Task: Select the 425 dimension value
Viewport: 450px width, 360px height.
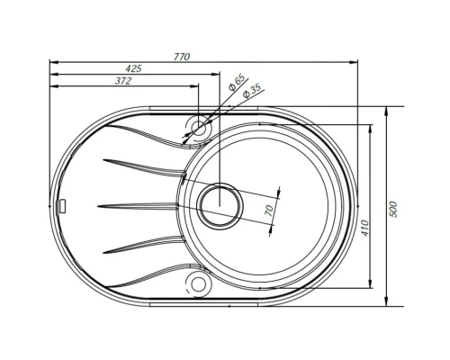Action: [133, 68]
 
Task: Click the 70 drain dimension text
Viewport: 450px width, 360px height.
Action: [266, 210]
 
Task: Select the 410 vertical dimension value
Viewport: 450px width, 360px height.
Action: [364, 228]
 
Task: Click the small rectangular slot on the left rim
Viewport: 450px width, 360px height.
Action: [63, 205]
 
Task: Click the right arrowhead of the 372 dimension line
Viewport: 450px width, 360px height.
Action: [194, 87]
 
